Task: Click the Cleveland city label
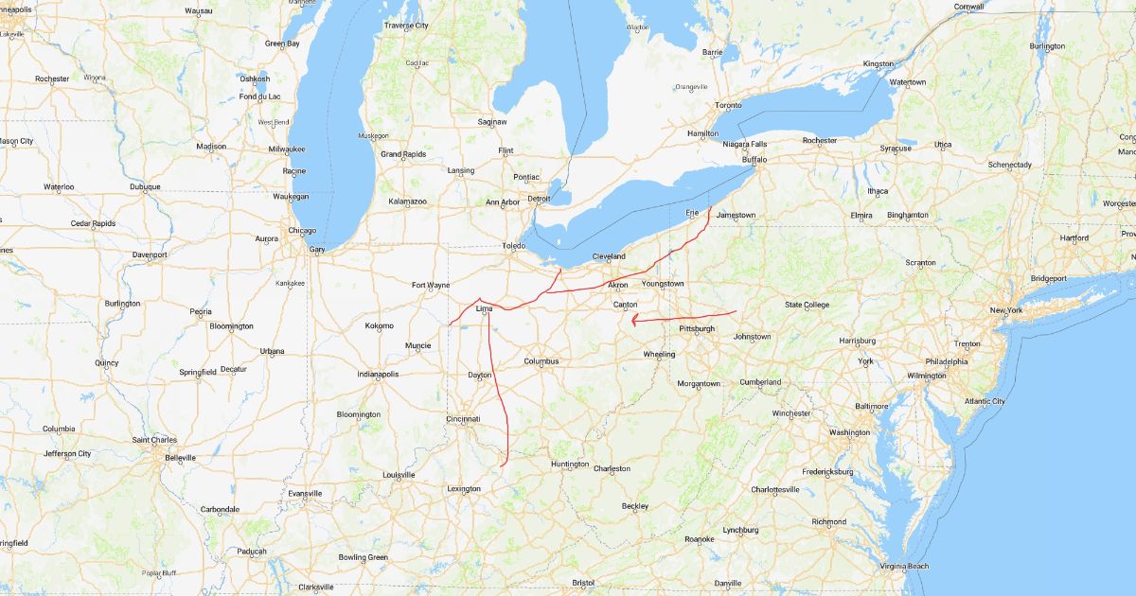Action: [609, 256]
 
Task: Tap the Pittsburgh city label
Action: [697, 328]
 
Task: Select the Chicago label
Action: [302, 230]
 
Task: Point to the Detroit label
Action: [539, 199]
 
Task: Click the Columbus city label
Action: [541, 360]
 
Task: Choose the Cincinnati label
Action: [464, 418]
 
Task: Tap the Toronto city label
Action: [728, 105]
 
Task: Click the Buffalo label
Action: [754, 160]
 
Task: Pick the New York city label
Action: [1006, 310]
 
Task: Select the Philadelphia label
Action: [947, 361]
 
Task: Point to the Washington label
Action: [849, 432]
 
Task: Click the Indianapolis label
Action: [378, 375]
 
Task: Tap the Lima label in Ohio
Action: [485, 308]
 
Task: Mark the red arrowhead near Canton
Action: [633, 320]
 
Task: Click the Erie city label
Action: [692, 213]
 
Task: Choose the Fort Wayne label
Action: [431, 285]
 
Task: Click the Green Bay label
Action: [281, 44]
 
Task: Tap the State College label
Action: [808, 305]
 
